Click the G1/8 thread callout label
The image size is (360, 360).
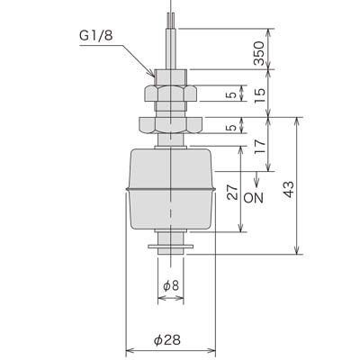click(x=96, y=36)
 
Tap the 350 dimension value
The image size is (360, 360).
click(x=259, y=53)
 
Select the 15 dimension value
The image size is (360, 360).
click(x=260, y=95)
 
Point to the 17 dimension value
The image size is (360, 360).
click(x=260, y=147)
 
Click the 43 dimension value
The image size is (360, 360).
click(x=289, y=190)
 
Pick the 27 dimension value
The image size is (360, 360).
click(x=232, y=193)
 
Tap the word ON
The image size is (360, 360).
click(x=254, y=198)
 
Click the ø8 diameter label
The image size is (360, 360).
click(x=171, y=285)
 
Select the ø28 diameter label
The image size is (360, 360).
click(x=167, y=340)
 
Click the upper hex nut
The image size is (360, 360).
click(x=170, y=93)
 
